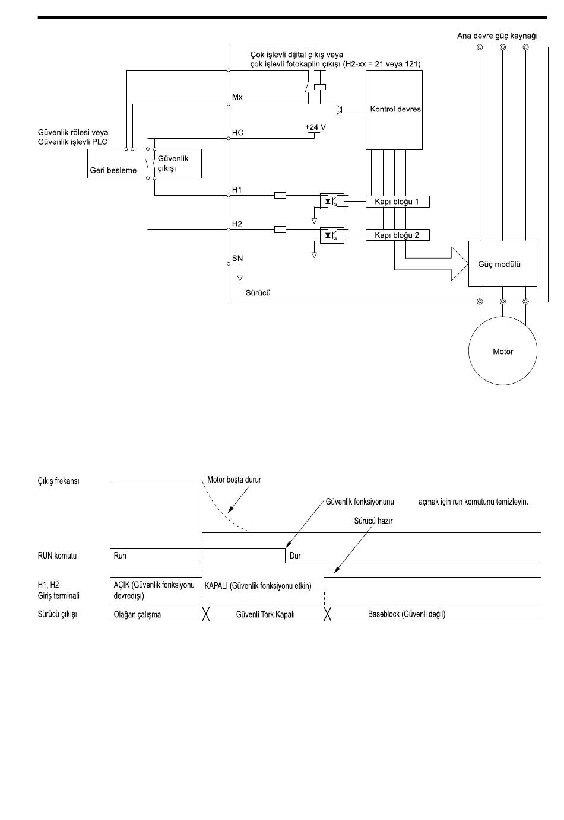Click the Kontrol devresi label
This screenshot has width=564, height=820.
(396, 109)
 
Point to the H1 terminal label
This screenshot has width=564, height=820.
(237, 190)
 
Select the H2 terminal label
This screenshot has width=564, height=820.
(237, 224)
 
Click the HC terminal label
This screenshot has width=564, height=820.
(237, 133)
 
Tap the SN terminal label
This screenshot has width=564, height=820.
(237, 258)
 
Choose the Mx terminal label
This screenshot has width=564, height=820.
(237, 97)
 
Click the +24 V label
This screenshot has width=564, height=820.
(315, 127)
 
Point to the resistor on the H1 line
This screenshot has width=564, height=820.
(280, 196)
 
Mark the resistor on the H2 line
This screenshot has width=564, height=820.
(280, 230)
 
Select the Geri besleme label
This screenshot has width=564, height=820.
(113, 170)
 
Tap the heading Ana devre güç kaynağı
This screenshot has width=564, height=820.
(498, 36)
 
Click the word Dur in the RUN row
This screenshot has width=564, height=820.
(295, 556)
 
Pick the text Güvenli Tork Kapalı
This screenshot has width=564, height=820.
(265, 615)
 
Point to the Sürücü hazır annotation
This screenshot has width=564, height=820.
(373, 521)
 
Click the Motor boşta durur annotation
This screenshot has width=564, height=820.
(234, 480)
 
